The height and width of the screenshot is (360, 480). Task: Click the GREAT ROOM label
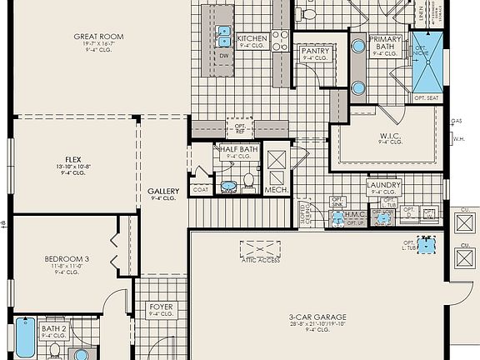click(99, 37)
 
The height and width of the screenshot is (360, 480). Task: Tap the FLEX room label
click(72, 158)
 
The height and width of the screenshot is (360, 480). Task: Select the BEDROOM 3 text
click(67, 259)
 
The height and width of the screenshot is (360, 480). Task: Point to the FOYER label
click(161, 307)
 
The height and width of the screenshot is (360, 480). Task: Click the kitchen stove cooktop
click(280, 41)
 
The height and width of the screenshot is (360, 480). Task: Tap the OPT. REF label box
click(240, 128)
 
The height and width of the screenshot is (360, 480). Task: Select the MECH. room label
click(276, 190)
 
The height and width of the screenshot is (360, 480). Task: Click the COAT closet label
click(200, 189)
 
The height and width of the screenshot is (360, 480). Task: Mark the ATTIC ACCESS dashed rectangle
click(260, 249)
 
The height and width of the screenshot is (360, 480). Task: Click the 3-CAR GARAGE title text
click(317, 317)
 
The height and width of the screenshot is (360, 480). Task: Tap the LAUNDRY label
click(384, 185)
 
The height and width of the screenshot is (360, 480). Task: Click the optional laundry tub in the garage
click(429, 243)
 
